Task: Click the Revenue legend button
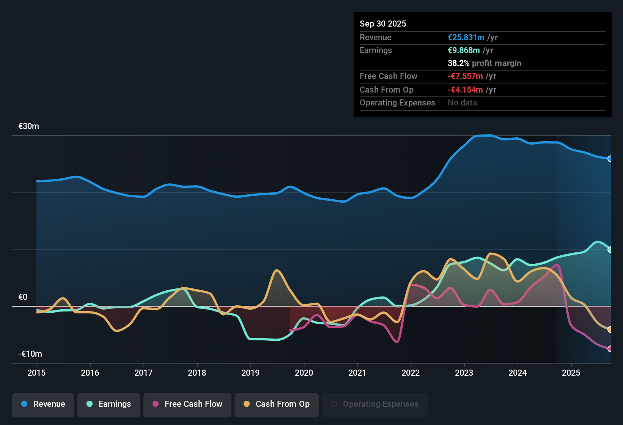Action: [43, 404]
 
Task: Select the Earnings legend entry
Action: [109, 404]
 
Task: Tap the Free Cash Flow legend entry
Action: [187, 404]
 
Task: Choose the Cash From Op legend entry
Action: [276, 404]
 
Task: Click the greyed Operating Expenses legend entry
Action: [374, 404]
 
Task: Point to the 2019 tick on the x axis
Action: [250, 373]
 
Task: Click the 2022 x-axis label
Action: [411, 373]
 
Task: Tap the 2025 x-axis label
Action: [571, 373]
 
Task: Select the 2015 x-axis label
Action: [36, 373]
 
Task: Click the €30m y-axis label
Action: [29, 126]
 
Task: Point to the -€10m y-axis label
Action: [30, 354]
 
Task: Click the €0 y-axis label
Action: [23, 297]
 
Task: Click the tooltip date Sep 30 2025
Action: [382, 24]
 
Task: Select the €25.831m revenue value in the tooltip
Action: [466, 38]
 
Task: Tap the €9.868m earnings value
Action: [464, 50]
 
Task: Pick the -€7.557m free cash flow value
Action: [465, 76]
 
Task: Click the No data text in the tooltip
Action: [462, 103]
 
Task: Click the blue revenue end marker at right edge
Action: [610, 159]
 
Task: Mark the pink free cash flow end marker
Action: [610, 349]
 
